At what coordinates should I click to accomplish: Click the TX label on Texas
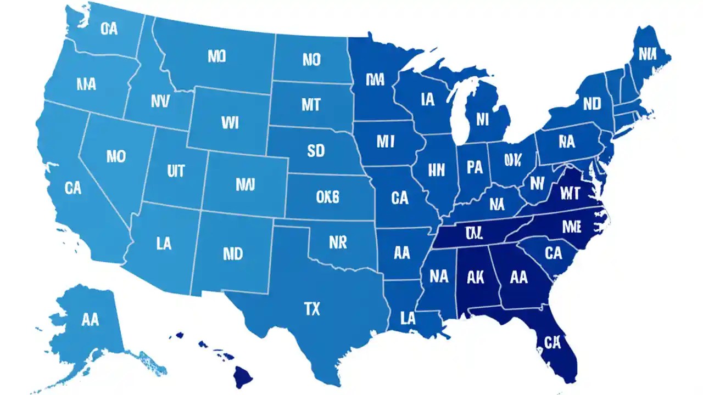coord(311,309)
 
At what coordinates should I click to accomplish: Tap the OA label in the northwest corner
coord(109,29)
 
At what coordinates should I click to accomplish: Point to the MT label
coord(311,104)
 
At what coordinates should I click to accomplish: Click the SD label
coord(316,151)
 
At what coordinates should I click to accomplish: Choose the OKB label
coord(328,196)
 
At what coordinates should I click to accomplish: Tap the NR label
coord(337,242)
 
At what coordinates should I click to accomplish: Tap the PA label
coord(473,166)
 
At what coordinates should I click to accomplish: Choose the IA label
coord(428,99)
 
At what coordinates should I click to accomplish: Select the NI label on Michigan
coord(483,119)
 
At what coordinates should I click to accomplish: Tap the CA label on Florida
coord(552,343)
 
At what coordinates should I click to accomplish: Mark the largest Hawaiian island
coord(242,377)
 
